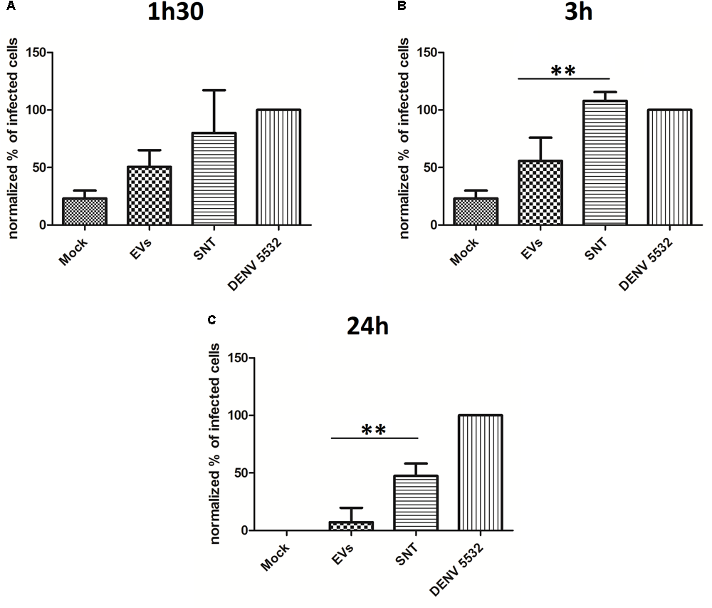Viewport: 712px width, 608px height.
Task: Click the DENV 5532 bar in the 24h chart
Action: coord(481,473)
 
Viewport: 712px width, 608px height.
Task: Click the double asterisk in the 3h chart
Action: coord(563,71)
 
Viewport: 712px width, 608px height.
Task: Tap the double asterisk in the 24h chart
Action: coord(374,430)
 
